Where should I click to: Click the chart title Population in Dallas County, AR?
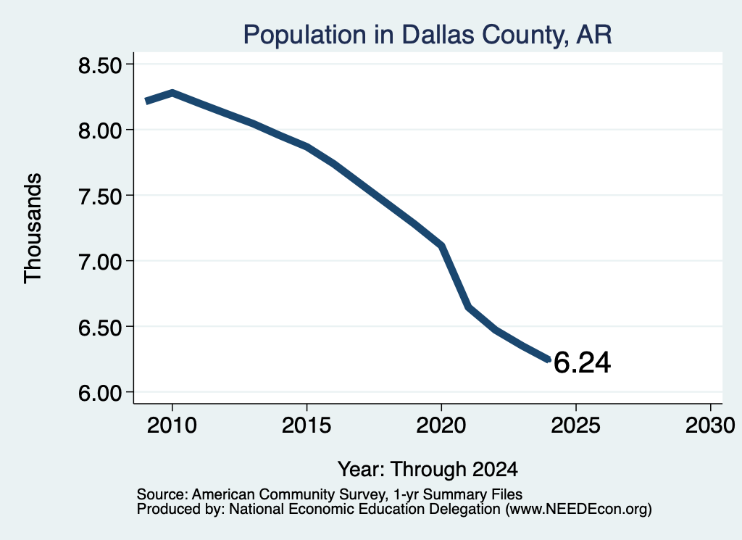tap(428, 35)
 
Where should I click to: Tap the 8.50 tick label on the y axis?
tap(100, 65)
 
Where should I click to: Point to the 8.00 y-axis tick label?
tap(100, 130)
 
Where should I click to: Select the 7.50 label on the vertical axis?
tap(100, 196)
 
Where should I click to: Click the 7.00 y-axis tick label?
tap(100, 262)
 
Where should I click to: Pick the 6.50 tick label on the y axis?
tap(100, 328)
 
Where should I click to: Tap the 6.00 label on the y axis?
tap(100, 393)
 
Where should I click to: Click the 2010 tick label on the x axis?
tap(172, 425)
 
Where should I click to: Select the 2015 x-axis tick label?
tap(307, 425)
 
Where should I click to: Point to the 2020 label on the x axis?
tap(441, 425)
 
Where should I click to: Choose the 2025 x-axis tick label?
tap(576, 425)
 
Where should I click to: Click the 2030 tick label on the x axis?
tap(710, 425)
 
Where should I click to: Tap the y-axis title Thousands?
tap(33, 228)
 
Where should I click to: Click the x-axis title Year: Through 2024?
tap(428, 469)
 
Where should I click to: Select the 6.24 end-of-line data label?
tap(582, 362)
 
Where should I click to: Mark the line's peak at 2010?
tap(172, 93)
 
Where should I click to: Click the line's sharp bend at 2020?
tap(441, 246)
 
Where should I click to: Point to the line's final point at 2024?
tap(549, 360)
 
